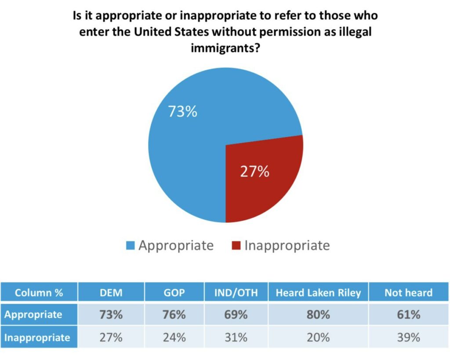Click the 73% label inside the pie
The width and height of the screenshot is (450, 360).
(183, 112)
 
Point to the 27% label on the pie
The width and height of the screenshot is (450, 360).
(254, 171)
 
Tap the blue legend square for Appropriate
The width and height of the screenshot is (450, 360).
(130, 245)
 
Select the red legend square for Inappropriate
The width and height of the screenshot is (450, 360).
(236, 245)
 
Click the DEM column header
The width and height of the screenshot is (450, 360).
(111, 293)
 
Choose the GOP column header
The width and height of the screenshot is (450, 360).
(174, 293)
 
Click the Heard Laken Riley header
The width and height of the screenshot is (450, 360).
(318, 293)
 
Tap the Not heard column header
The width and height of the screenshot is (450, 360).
(408, 293)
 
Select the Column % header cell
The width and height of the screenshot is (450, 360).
(39, 293)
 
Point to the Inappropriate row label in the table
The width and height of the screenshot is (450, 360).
(37, 337)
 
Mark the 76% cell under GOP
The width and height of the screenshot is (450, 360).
(174, 315)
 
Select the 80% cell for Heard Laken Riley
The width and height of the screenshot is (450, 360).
(318, 315)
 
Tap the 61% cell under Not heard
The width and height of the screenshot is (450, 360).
(408, 315)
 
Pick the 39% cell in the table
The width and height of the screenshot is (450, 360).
(408, 337)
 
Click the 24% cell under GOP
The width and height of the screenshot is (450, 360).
(174, 337)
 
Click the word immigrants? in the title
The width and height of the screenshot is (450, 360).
(225, 48)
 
